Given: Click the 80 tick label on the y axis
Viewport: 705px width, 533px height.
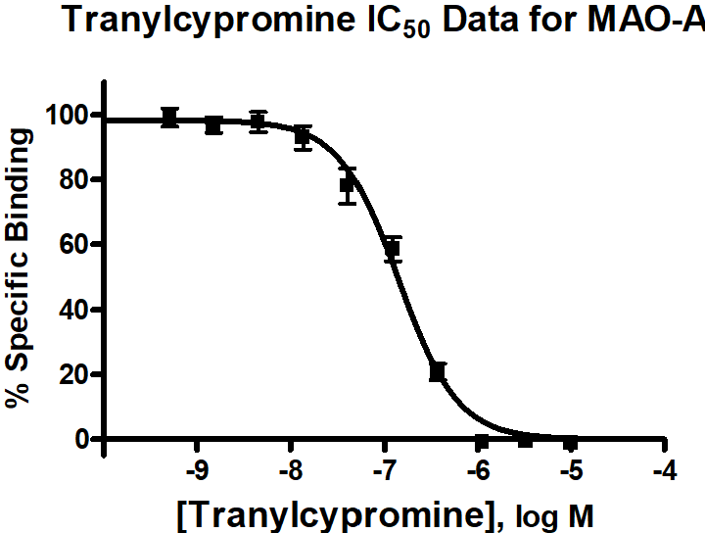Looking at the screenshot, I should [x=73, y=180].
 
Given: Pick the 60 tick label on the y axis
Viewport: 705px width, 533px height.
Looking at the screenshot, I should [x=73, y=245].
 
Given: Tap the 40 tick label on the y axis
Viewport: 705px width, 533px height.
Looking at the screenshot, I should [x=73, y=310].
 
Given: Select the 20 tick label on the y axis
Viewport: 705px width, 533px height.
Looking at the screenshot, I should [x=73, y=374].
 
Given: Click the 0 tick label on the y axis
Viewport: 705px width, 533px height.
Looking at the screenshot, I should [x=81, y=439].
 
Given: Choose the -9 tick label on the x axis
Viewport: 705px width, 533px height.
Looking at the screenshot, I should [x=197, y=472].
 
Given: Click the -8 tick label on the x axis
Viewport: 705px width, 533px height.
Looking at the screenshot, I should [x=290, y=472].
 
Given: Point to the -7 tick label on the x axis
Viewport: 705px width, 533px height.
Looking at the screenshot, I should [x=384, y=472].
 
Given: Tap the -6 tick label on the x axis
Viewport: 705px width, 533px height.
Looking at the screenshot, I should [x=477, y=472].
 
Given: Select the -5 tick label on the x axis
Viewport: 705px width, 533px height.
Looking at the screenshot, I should [x=571, y=472].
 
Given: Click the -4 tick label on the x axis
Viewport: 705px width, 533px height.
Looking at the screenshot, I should [x=664, y=472].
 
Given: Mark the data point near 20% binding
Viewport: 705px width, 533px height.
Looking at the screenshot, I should [x=438, y=371].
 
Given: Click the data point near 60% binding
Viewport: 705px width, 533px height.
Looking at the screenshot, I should [x=393, y=248].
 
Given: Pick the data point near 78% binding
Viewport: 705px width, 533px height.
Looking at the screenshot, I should [x=347, y=185].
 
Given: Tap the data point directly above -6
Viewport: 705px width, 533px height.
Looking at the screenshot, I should [x=481, y=442].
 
